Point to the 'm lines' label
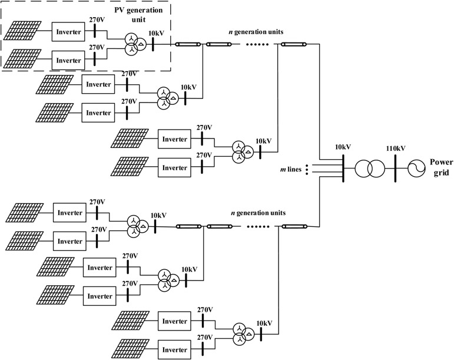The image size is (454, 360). (291, 169)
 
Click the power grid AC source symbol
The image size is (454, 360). (415, 167)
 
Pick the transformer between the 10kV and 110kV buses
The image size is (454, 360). (367, 168)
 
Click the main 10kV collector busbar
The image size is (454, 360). (342, 168)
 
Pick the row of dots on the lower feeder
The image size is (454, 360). (256, 225)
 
